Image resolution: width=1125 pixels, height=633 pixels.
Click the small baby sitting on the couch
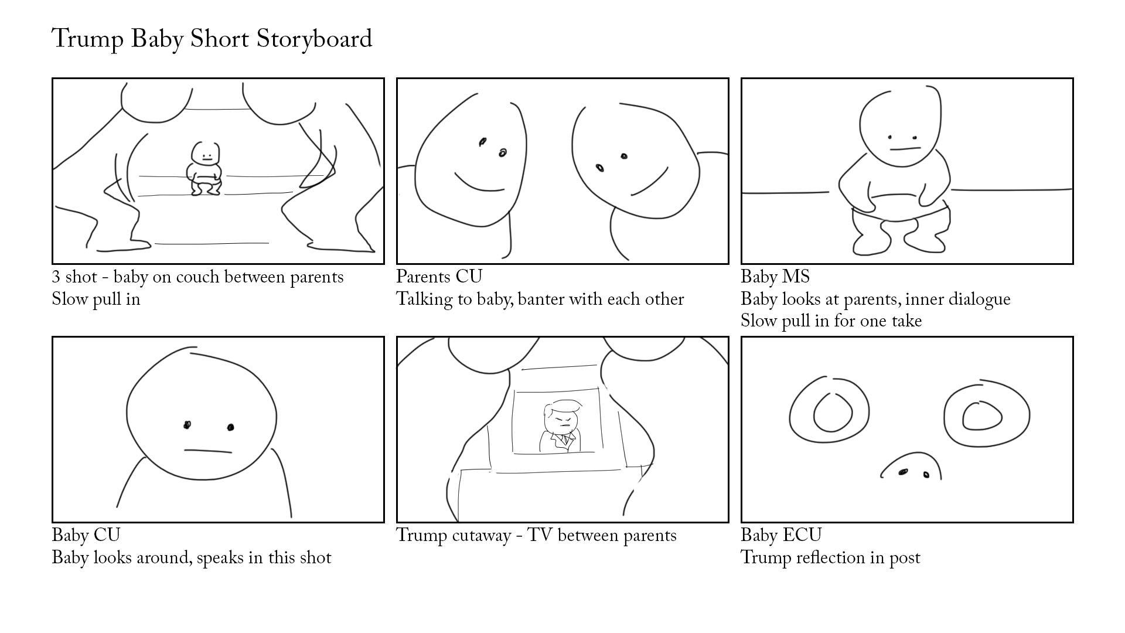point(204,169)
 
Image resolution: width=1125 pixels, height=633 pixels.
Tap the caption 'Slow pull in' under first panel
point(96,300)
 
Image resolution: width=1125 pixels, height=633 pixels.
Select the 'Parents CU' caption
point(439,277)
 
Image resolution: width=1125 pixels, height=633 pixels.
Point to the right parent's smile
point(649,183)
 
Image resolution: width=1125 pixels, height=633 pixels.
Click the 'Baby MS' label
point(775,277)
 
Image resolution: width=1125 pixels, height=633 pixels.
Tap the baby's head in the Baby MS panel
point(899,126)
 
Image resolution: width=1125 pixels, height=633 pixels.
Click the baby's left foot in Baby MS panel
point(870,242)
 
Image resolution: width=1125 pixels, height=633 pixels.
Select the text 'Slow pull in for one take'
point(831,321)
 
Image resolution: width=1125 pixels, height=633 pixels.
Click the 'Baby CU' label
point(86,535)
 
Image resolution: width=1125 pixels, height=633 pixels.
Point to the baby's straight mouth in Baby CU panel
point(208,451)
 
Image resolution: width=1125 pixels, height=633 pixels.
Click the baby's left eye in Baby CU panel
point(187,426)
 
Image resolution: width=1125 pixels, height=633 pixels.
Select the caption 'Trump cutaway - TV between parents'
point(536,536)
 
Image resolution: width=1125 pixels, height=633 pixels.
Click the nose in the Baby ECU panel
point(912,468)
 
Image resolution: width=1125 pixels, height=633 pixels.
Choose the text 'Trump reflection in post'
point(830,557)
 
